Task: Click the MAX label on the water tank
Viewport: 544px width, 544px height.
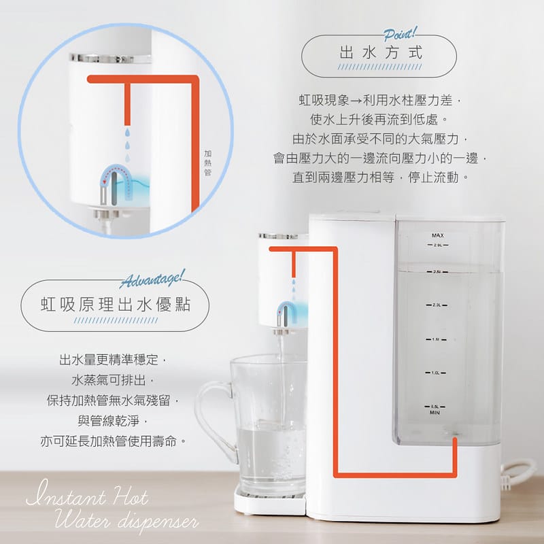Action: pos(437,235)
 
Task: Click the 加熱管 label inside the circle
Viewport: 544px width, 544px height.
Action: pos(207,163)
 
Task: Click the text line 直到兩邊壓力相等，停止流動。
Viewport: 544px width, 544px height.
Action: pos(381,177)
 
